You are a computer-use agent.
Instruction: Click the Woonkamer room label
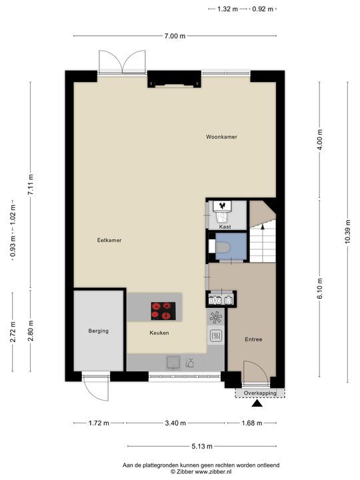tap(221, 137)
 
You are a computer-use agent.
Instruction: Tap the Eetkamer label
tap(109, 240)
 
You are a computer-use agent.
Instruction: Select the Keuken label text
tap(159, 333)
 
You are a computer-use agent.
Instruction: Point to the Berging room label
tap(98, 331)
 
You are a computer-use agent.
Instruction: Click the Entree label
tap(253, 339)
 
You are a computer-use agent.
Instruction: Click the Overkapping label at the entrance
tap(259, 393)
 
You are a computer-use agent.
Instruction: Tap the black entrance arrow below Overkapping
tap(256, 405)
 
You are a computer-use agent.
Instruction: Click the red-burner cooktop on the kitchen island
tap(162, 309)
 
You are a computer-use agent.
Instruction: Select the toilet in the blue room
tap(222, 247)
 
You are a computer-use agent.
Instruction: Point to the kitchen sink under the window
tap(173, 362)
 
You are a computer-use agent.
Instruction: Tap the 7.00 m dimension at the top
tap(174, 37)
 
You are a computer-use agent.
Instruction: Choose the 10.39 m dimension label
tap(348, 231)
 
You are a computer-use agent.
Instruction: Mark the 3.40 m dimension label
tap(175, 423)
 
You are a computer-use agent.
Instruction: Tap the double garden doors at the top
tap(121, 61)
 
